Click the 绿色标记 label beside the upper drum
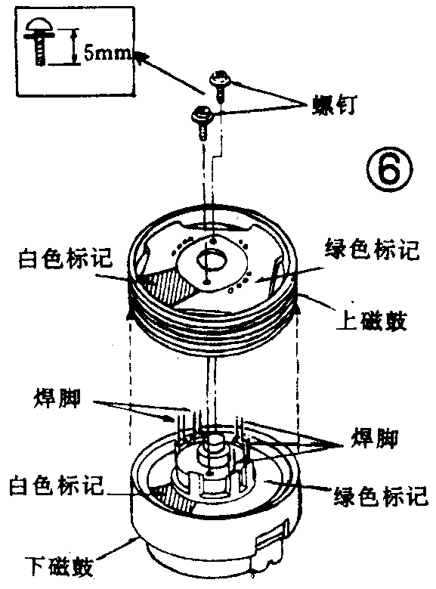[370, 250]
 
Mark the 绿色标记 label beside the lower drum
[380, 498]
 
